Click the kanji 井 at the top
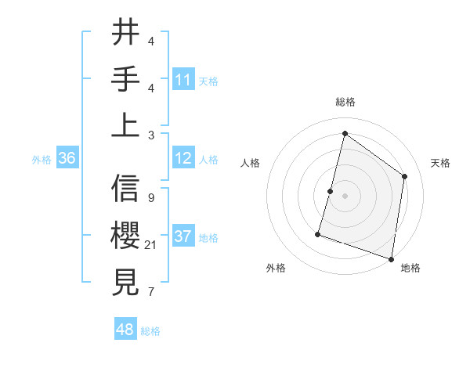tap(126, 33)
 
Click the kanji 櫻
tap(126, 236)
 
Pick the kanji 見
tap(126, 281)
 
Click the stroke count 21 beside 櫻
tap(151, 246)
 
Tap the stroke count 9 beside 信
tap(150, 198)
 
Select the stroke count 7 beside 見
tap(150, 293)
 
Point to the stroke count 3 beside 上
tap(150, 135)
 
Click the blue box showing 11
tap(183, 80)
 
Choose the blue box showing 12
tap(183, 159)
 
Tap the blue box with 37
tap(183, 237)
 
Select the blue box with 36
tap(67, 159)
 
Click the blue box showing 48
tap(125, 330)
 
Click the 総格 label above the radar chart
tap(345, 102)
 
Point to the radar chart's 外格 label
tap(276, 268)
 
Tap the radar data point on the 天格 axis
tap(405, 176)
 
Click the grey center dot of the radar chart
tap(345, 196)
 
